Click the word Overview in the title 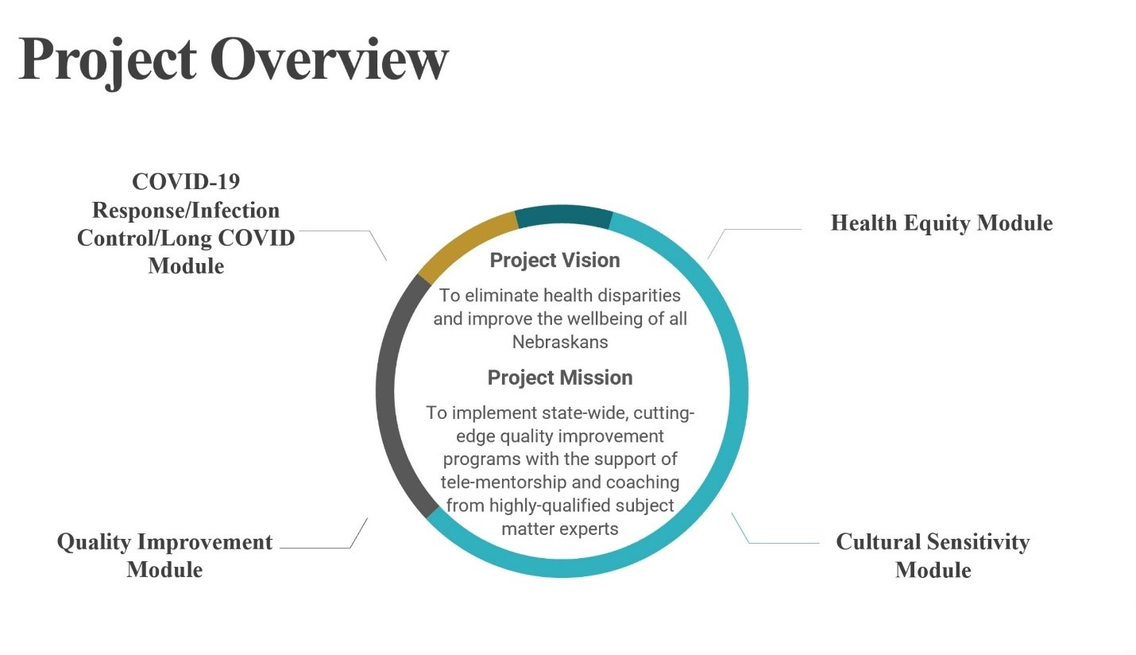[329, 59]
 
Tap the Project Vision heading [554, 260]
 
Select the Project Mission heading [560, 378]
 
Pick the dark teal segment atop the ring [563, 215]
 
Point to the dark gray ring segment [390, 390]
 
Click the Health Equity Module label [941, 223]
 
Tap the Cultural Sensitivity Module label [933, 556]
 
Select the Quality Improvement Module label [164, 556]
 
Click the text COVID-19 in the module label [186, 182]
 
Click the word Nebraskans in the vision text [560, 342]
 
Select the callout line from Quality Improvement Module [318, 548]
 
